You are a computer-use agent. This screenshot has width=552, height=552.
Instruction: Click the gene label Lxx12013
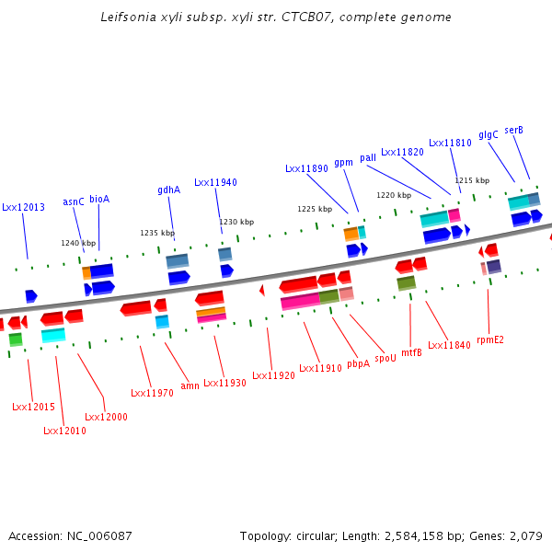pyautogui.click(x=23, y=208)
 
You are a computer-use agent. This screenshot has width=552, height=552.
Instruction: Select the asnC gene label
pyautogui.click(x=74, y=201)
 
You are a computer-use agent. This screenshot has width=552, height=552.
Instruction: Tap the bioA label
pyautogui.click(x=99, y=199)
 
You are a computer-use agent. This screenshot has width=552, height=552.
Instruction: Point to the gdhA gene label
pyautogui.click(x=168, y=190)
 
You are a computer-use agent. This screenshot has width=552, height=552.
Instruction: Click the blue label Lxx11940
pyautogui.click(x=215, y=183)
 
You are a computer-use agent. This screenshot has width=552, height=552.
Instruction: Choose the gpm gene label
pyautogui.click(x=343, y=163)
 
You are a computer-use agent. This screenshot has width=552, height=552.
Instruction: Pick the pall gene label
pyautogui.click(x=368, y=158)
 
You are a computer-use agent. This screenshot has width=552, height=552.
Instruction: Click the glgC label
pyautogui.click(x=489, y=134)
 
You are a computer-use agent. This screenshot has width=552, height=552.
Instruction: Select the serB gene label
pyautogui.click(x=513, y=131)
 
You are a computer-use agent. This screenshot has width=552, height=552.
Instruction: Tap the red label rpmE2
pyautogui.click(x=490, y=339)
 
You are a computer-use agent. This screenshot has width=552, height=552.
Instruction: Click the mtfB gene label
pyautogui.click(x=411, y=352)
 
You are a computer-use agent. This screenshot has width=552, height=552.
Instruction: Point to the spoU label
pyautogui.click(x=385, y=358)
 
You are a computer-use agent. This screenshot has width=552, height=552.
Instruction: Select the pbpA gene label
pyautogui.click(x=358, y=363)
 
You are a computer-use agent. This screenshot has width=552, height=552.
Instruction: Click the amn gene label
pyautogui.click(x=190, y=385)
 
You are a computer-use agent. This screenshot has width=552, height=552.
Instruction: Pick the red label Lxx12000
pyautogui.click(x=106, y=417)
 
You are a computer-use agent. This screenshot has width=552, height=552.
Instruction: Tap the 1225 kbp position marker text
pyautogui.click(x=314, y=209)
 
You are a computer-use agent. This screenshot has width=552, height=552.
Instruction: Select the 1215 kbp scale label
pyautogui.click(x=471, y=180)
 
